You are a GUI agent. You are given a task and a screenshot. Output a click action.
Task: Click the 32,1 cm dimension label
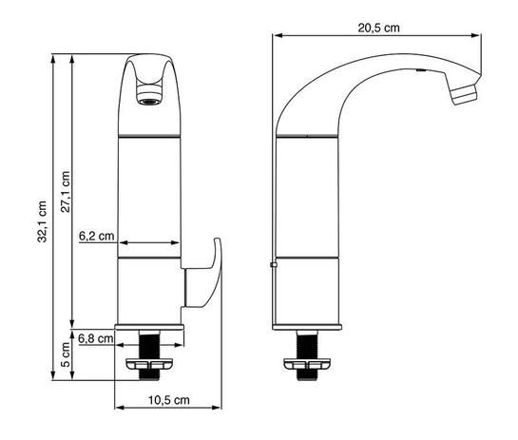pos(42,221)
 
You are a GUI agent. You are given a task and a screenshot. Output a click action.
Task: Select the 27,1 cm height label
pos(66,192)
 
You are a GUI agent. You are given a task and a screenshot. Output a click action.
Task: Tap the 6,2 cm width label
pos(96,236)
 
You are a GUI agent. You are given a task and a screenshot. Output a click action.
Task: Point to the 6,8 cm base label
pos(96,338)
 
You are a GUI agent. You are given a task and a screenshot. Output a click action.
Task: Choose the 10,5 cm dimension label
pos(169,400)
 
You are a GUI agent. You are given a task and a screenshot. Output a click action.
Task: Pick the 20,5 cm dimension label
pos(378,28)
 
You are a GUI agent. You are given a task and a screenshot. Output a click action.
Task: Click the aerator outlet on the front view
pos(149,95)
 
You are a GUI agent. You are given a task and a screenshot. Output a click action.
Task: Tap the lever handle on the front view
pos(201,273)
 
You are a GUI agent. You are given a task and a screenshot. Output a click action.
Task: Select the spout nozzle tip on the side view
pos(465,94)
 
